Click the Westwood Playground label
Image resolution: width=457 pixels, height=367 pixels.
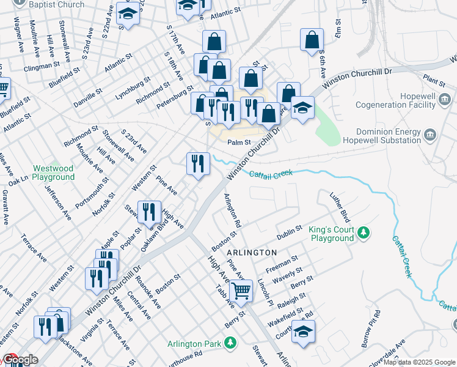point(54,172)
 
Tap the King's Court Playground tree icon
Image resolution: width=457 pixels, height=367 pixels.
point(364,232)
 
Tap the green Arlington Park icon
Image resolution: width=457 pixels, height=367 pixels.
point(230,343)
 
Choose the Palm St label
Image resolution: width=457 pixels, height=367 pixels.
point(239,143)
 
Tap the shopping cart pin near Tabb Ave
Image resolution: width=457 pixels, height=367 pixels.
point(241,291)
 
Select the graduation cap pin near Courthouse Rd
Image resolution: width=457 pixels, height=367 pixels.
point(302,332)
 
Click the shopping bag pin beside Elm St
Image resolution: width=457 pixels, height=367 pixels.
point(312,40)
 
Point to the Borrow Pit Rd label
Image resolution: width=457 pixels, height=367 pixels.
point(371,329)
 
